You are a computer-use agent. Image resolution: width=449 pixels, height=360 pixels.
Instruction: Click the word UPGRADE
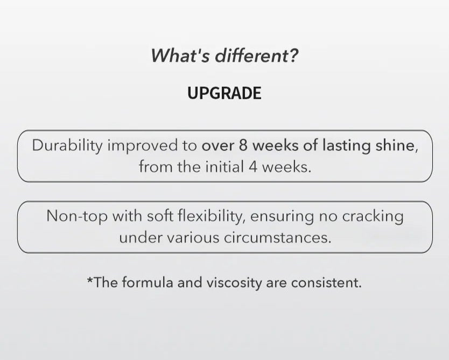pos(224,93)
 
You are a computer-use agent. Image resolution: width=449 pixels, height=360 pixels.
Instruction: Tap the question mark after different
pos(293,55)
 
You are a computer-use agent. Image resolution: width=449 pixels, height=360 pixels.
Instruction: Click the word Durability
pos(67,146)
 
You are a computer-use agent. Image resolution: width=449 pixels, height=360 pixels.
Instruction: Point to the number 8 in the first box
pos(243,146)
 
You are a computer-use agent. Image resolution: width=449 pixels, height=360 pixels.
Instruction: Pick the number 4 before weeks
pos(253,167)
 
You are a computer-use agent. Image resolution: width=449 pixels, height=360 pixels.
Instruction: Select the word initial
pos(224,167)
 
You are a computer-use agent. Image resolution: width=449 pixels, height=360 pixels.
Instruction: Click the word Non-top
pos(77,217)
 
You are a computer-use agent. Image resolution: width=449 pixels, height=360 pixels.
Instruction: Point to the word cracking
pos(373,217)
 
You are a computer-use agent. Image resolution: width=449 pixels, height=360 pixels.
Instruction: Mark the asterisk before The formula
pos(90,279)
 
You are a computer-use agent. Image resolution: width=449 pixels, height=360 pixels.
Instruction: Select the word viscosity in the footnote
pos(234,283)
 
